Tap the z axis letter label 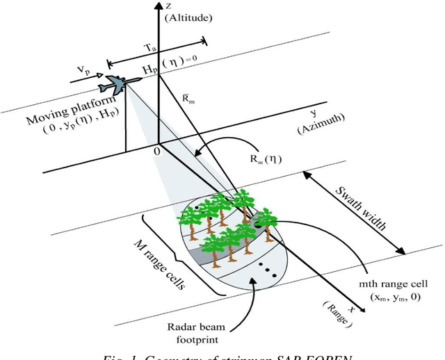pos(168,6)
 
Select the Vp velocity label pos(83,72)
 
